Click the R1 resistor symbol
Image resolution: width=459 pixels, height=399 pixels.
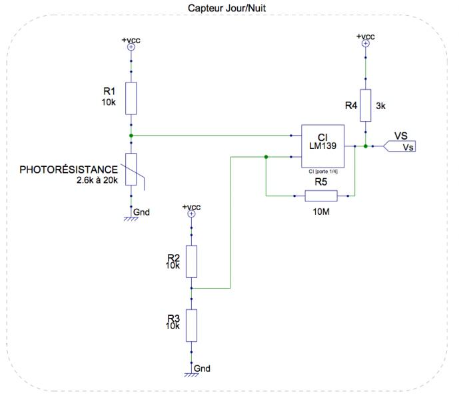tap(131, 98)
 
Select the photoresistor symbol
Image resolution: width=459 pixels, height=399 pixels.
tap(131, 170)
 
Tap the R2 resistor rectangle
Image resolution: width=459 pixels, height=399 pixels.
tap(191, 261)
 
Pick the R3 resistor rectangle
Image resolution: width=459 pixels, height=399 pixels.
tap(191, 325)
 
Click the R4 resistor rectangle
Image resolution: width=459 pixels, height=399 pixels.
tap(365, 105)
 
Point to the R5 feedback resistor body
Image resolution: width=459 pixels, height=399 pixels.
tap(321, 196)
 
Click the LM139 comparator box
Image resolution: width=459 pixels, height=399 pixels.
tap(323, 146)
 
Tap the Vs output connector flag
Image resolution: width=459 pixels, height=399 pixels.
tap(399, 146)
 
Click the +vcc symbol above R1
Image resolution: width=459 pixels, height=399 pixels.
tap(131, 47)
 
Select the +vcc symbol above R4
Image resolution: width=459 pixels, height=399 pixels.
tap(365, 43)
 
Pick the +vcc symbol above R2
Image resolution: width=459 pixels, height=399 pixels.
tap(191, 214)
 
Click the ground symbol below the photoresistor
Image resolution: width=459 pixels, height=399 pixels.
tap(131, 217)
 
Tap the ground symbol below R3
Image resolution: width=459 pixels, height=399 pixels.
tap(191, 374)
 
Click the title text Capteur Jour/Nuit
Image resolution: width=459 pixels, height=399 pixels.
tap(227, 8)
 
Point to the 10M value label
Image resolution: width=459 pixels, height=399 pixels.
tap(321, 211)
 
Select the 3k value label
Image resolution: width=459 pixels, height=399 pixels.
tap(380, 106)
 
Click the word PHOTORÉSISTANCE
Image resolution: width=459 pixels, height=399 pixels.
tap(69, 170)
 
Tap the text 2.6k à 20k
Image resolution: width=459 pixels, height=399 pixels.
tap(97, 180)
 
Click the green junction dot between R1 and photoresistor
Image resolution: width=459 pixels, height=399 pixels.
tap(131, 136)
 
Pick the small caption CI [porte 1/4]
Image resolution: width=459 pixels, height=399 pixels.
tap(323, 172)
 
